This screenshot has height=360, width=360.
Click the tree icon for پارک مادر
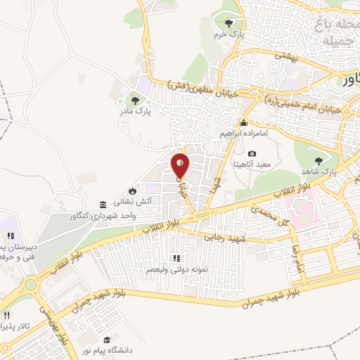(x=134, y=98)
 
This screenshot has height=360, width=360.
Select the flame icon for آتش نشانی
(x=132, y=191)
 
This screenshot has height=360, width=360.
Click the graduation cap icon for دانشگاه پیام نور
(x=107, y=339)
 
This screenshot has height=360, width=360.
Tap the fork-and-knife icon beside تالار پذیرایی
(x=6, y=316)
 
